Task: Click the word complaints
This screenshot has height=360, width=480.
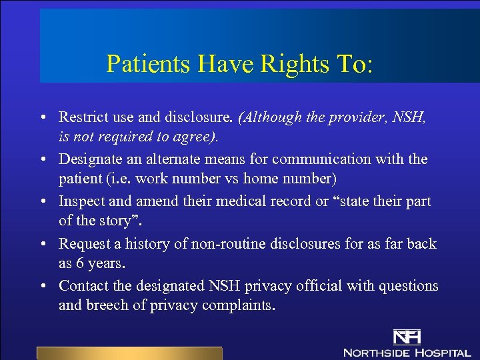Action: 241,306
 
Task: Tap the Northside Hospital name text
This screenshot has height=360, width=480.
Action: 407,352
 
